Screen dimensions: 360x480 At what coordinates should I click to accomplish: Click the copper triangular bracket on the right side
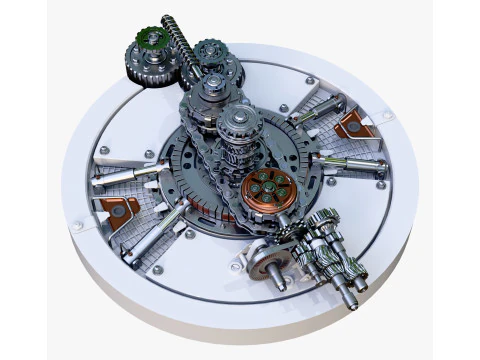point(356,125)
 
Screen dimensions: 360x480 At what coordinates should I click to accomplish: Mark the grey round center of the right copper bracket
point(356,125)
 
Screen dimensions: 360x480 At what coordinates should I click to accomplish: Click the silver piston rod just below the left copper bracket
point(158,232)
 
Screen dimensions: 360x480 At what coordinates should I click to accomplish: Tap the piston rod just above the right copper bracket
point(318,109)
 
